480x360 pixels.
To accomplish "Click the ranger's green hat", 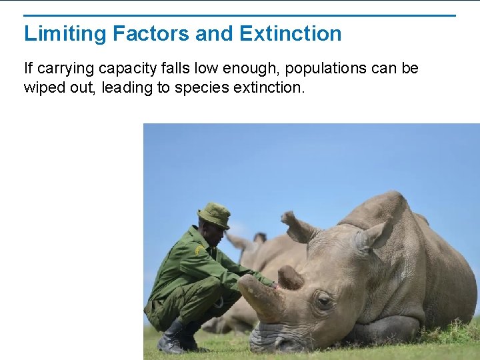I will tap(214, 215).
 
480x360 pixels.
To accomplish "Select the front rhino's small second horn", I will tap(290, 276).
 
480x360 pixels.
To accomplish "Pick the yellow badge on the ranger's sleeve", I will tap(198, 251).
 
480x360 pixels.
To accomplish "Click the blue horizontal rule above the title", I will tap(240, 15).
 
